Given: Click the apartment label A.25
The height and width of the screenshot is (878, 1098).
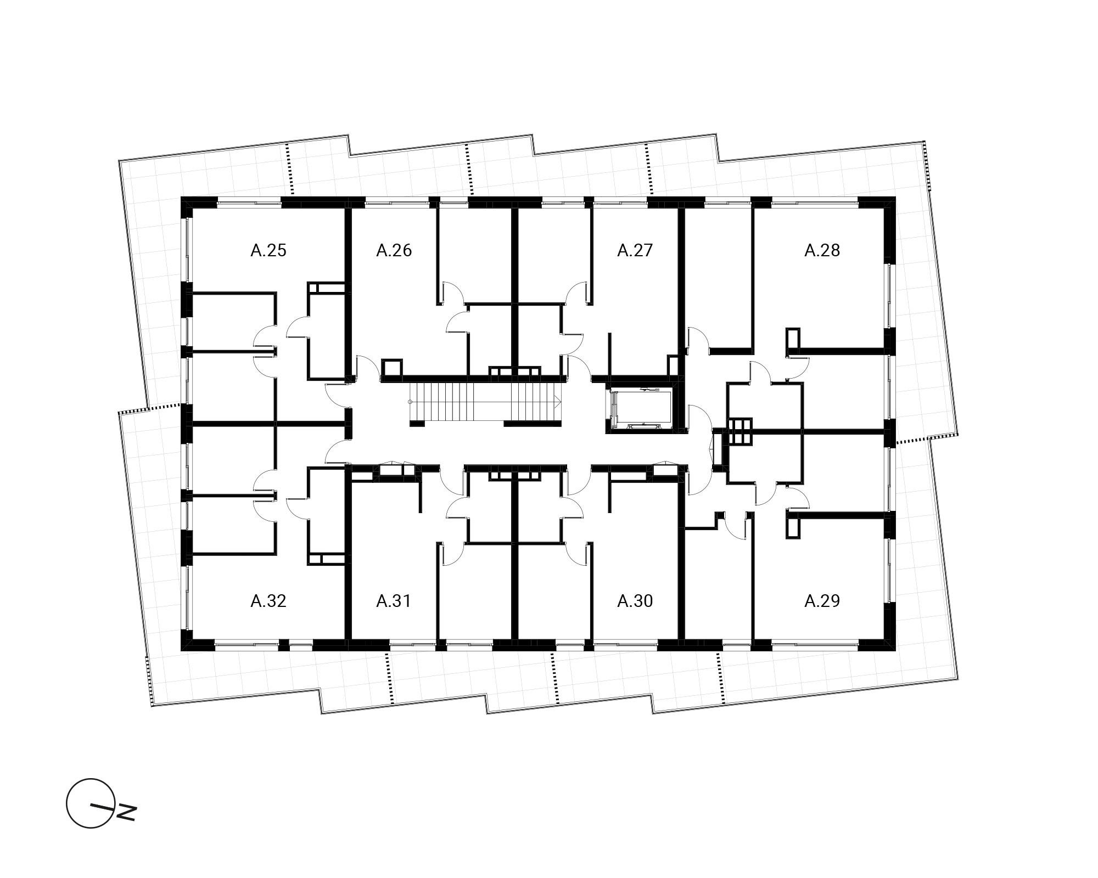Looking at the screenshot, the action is pyautogui.click(x=268, y=250).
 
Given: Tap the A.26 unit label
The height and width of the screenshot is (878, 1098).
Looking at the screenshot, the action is pyautogui.click(x=394, y=250).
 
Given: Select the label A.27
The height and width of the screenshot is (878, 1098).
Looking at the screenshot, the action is pyautogui.click(x=635, y=250).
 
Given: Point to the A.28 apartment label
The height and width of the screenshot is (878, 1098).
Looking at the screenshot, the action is pyautogui.click(x=822, y=250).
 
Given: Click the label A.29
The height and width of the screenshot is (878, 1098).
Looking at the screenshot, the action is pyautogui.click(x=822, y=601).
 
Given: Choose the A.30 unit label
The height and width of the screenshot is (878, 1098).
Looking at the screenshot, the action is pyautogui.click(x=635, y=601).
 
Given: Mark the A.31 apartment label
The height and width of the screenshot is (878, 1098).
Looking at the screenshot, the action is pyautogui.click(x=394, y=601).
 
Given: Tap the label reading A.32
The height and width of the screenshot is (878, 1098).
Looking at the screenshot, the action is pyautogui.click(x=268, y=601).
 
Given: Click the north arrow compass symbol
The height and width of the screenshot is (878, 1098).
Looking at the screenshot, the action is pyautogui.click(x=91, y=803).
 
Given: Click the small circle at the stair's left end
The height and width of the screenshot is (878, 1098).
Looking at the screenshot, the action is pyautogui.click(x=410, y=402).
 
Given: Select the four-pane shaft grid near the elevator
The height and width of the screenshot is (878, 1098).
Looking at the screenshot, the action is pyautogui.click(x=740, y=431).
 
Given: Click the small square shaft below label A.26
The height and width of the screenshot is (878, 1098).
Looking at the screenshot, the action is pyautogui.click(x=391, y=368).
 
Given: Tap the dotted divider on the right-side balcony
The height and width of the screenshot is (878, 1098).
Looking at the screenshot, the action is pyautogui.click(x=927, y=437).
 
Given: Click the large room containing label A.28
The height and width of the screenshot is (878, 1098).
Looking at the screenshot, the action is pyautogui.click(x=821, y=274).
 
